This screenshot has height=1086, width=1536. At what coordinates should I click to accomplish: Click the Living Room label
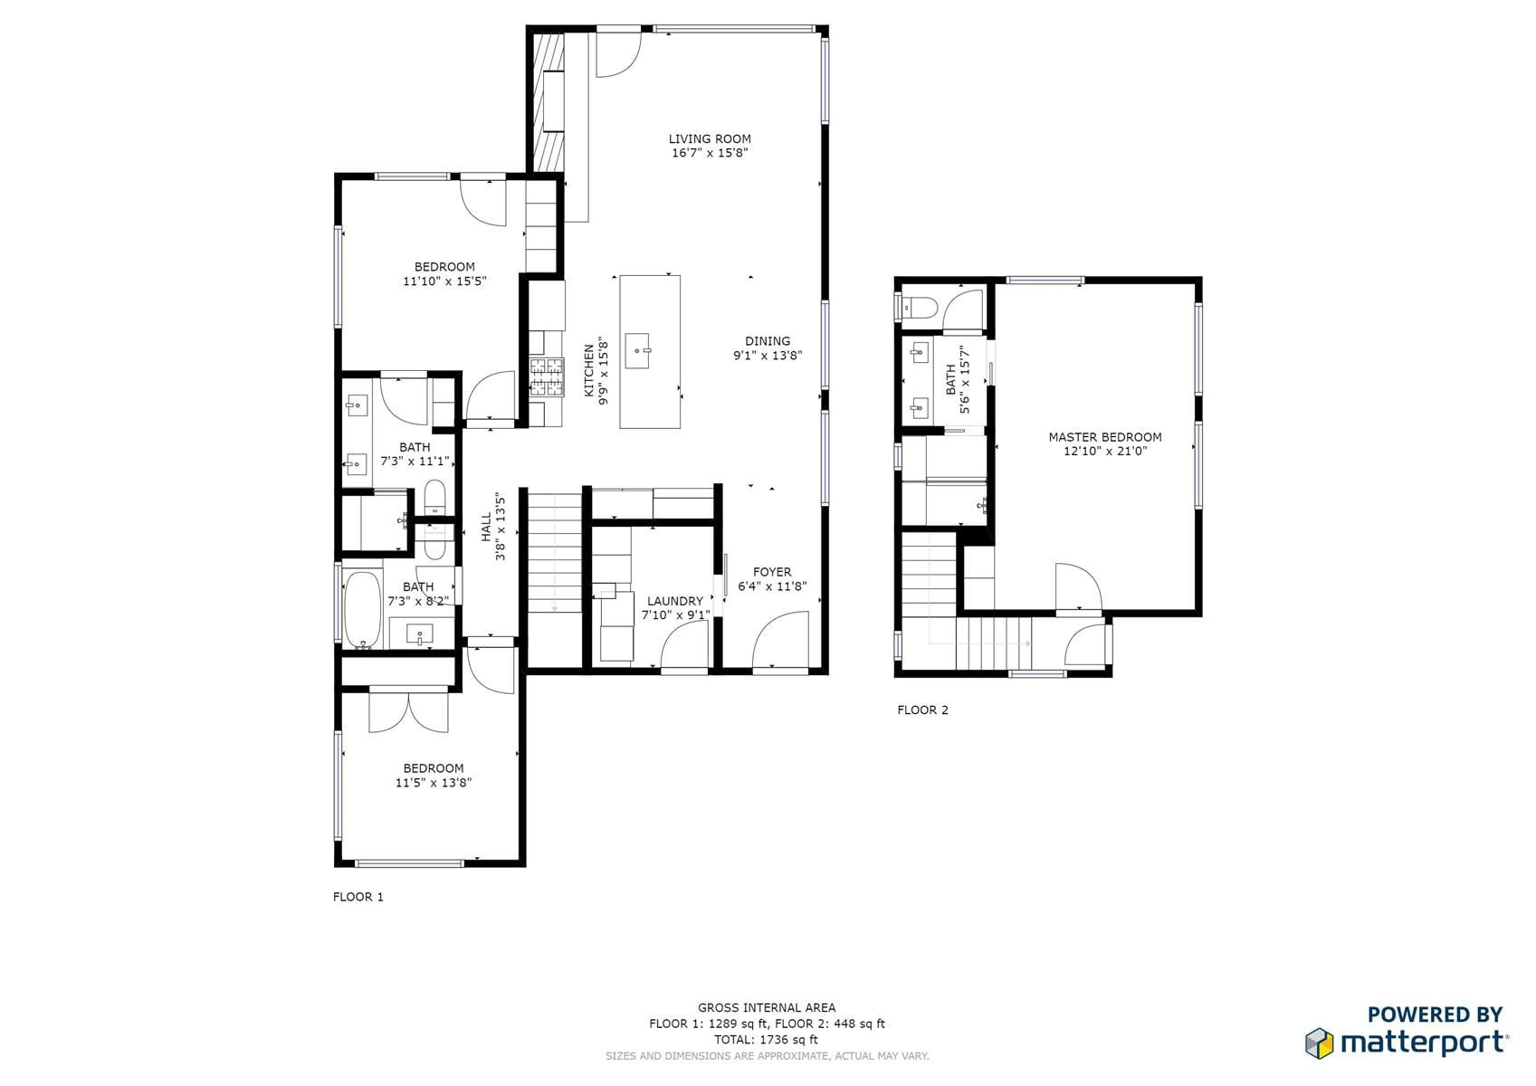click(x=710, y=138)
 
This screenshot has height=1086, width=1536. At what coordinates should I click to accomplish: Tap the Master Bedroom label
click(x=1104, y=437)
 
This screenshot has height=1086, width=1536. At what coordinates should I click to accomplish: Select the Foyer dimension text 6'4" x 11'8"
click(x=772, y=586)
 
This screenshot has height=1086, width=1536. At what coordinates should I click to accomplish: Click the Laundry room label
click(x=675, y=601)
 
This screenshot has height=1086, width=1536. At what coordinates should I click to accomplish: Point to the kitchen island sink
click(x=638, y=351)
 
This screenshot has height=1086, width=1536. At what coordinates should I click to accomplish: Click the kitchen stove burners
click(x=547, y=377)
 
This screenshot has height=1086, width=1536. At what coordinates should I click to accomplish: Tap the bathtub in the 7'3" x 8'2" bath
click(x=362, y=609)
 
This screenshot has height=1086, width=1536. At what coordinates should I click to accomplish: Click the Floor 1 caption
click(x=358, y=897)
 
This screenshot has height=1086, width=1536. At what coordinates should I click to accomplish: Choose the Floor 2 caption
click(x=923, y=710)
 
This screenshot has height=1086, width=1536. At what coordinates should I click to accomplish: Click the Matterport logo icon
click(x=1320, y=1043)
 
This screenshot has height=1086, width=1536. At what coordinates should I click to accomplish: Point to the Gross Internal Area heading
click(x=767, y=1007)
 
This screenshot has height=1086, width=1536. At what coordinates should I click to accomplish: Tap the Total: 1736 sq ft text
click(x=766, y=1039)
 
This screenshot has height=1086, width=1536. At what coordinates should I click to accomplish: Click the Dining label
click(x=768, y=341)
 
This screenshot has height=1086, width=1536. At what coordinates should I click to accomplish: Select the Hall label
click(x=486, y=527)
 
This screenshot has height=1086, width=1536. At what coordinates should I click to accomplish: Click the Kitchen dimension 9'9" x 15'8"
click(x=604, y=370)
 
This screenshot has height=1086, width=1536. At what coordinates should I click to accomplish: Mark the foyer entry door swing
click(x=781, y=638)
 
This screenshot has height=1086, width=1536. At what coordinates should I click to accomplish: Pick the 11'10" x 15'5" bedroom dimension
click(x=444, y=281)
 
